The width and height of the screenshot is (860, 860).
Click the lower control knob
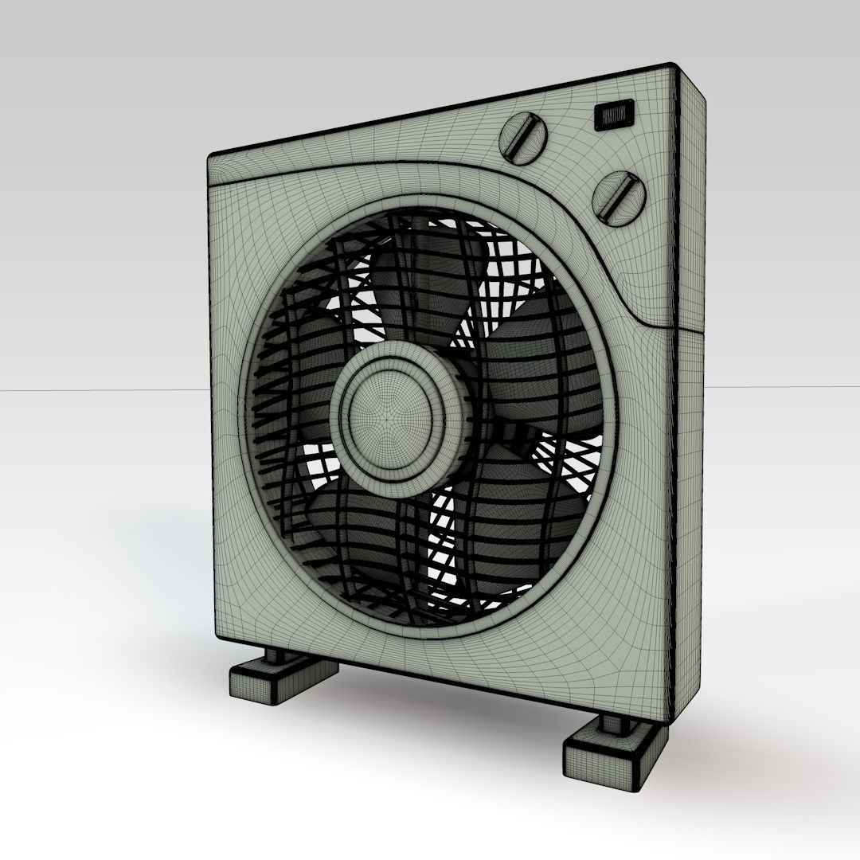[618, 195]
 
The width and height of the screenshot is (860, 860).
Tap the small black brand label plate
[614, 116]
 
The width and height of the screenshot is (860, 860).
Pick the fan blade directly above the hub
[422, 279]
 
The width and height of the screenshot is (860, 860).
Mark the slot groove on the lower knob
[618, 196]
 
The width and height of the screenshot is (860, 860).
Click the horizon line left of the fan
[96, 391]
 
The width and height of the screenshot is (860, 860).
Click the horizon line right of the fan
[780, 387]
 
